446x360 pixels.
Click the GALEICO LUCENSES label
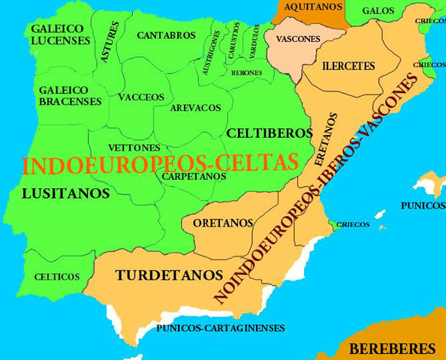[61, 34]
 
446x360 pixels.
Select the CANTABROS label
[166, 35]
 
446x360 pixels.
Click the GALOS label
[378, 10]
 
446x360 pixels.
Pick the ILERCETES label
[348, 66]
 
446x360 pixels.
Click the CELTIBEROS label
[269, 133]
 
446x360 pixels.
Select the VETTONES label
[134, 147]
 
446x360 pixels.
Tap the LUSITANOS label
[66, 193]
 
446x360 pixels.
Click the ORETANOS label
[222, 223]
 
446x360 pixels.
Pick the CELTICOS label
[57, 277]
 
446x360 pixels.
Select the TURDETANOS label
[169, 275]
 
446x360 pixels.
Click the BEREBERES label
[393, 348]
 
